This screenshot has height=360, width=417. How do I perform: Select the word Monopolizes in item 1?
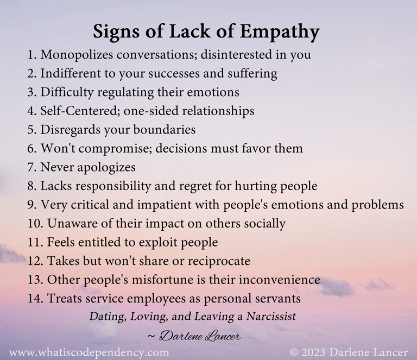pos(75,54)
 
